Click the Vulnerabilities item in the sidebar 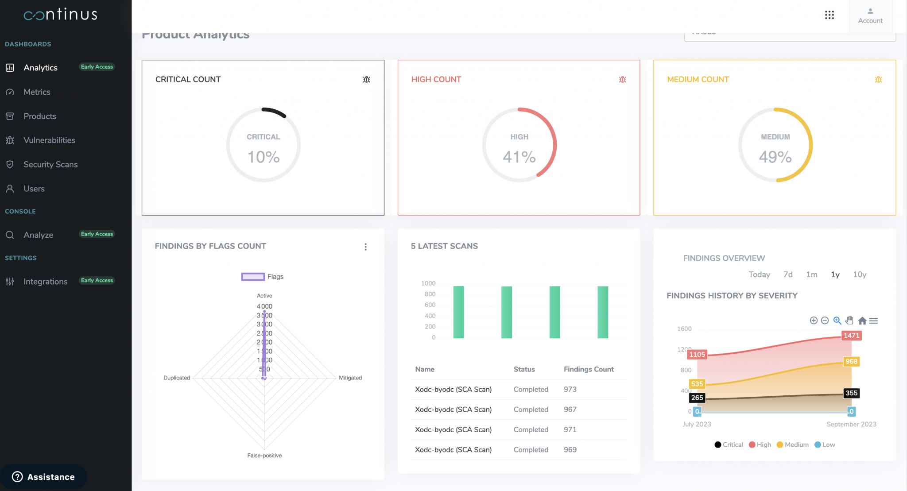49,140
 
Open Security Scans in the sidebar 50,165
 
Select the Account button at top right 870,16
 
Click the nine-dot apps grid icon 829,15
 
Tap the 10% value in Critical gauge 264,157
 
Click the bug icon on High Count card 622,80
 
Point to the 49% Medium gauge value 775,157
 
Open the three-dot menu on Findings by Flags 365,247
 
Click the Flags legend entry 263,277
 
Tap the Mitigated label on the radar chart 350,378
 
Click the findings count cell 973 570,390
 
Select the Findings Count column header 589,369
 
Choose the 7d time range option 788,274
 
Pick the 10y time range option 859,274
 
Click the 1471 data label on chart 851,336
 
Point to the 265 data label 697,398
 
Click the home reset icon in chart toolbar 862,321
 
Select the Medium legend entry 793,445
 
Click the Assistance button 43,477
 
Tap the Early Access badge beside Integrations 97,281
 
